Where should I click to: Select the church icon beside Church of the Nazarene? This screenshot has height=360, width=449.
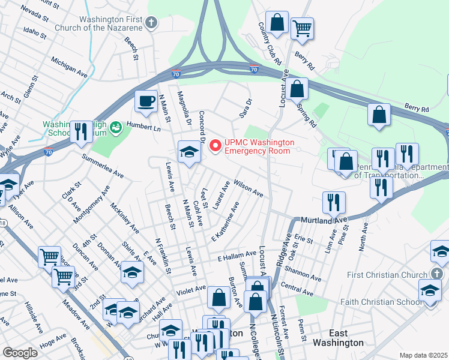pyautogui.click(x=151, y=23)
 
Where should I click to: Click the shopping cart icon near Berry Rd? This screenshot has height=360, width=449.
pyautogui.click(x=302, y=28)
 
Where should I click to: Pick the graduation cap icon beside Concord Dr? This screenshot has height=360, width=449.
pyautogui.click(x=188, y=152)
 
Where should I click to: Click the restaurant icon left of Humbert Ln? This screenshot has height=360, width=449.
pyautogui.click(x=81, y=131)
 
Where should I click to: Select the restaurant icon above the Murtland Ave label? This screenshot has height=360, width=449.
pyautogui.click(x=334, y=202)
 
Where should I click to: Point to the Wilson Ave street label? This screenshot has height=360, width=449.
pyautogui.click(x=249, y=188)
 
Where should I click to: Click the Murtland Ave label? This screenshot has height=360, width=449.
pyautogui.click(x=324, y=221)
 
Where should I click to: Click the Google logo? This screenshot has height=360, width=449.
pyautogui.click(x=20, y=352)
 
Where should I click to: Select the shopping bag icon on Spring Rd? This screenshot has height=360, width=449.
pyautogui.click(x=297, y=89)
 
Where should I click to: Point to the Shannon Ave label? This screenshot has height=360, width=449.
pyautogui.click(x=307, y=274)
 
